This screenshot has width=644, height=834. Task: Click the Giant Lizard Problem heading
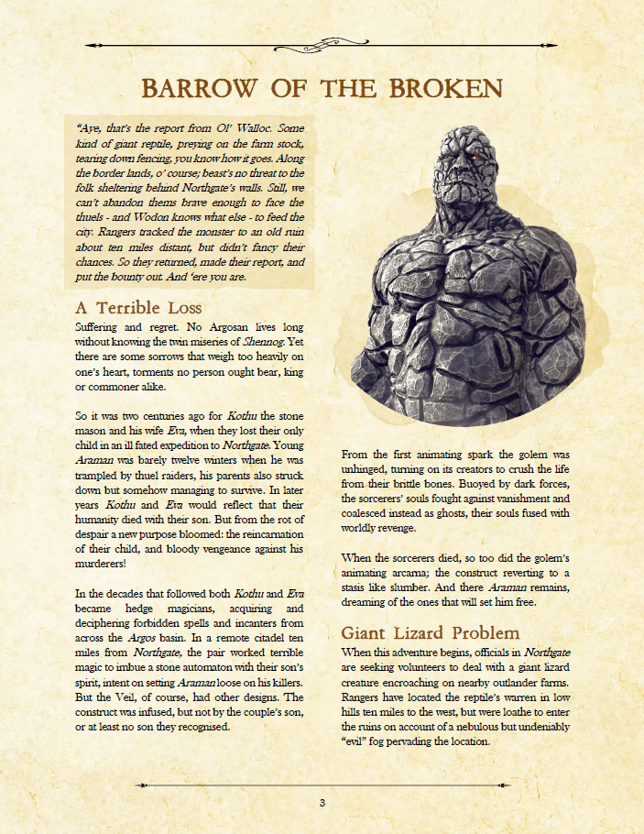pos(431,633)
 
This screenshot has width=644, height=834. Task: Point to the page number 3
pos(322,804)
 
